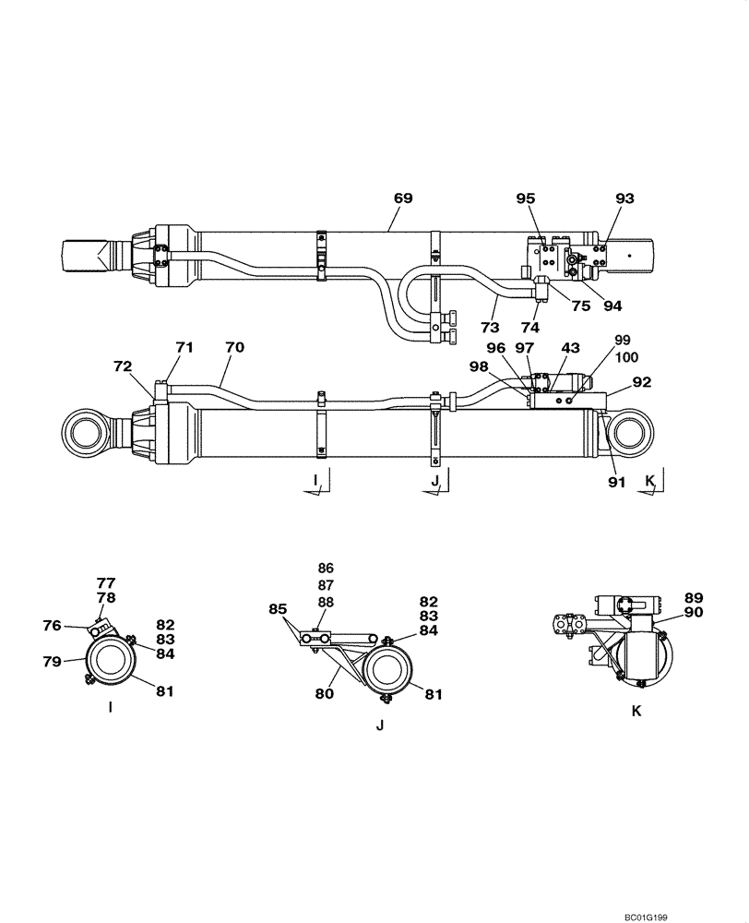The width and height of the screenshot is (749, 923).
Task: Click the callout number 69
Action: tap(402, 198)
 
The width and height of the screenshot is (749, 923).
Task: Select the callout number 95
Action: tap(526, 198)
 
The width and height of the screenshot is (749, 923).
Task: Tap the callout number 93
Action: tap(624, 198)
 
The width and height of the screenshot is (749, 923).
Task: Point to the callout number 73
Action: tap(489, 327)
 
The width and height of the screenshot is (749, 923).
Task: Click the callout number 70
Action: tap(234, 347)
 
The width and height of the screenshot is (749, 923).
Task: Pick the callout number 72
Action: tap(123, 366)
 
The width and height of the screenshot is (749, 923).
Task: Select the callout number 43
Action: tap(571, 347)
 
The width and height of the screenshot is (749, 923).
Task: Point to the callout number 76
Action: tap(52, 626)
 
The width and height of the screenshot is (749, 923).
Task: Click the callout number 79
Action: tap(52, 660)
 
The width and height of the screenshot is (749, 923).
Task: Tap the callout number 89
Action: tap(694, 597)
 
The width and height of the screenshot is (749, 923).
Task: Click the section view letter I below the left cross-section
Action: tap(110, 708)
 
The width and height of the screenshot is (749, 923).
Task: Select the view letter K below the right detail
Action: tap(636, 711)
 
